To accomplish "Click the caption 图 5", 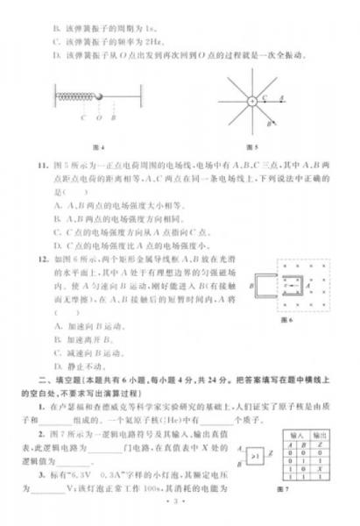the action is click(x=252, y=146).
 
